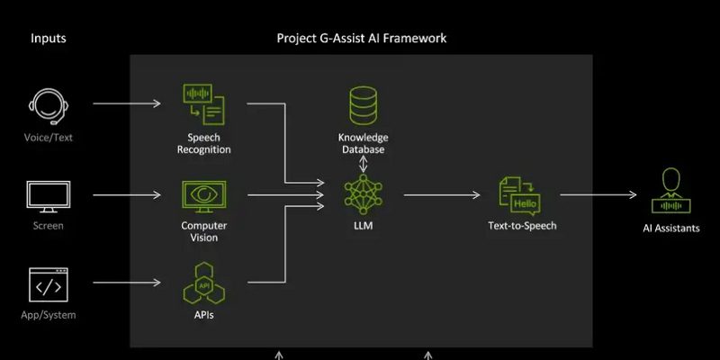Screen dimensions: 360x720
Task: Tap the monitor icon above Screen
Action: tap(49, 194)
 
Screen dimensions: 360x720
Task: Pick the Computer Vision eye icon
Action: tap(203, 194)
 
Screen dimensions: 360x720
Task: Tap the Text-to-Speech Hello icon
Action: tap(518, 194)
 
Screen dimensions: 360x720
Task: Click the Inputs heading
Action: tap(49, 39)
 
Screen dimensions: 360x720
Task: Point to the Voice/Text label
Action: tap(49, 136)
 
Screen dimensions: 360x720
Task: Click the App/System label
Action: tap(49, 315)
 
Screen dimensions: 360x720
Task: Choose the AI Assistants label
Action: tap(670, 228)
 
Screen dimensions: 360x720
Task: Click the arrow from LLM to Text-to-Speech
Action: tap(445, 194)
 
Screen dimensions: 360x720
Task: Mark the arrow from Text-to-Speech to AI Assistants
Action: tap(599, 194)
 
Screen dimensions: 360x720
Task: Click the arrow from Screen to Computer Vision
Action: tap(126, 194)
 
